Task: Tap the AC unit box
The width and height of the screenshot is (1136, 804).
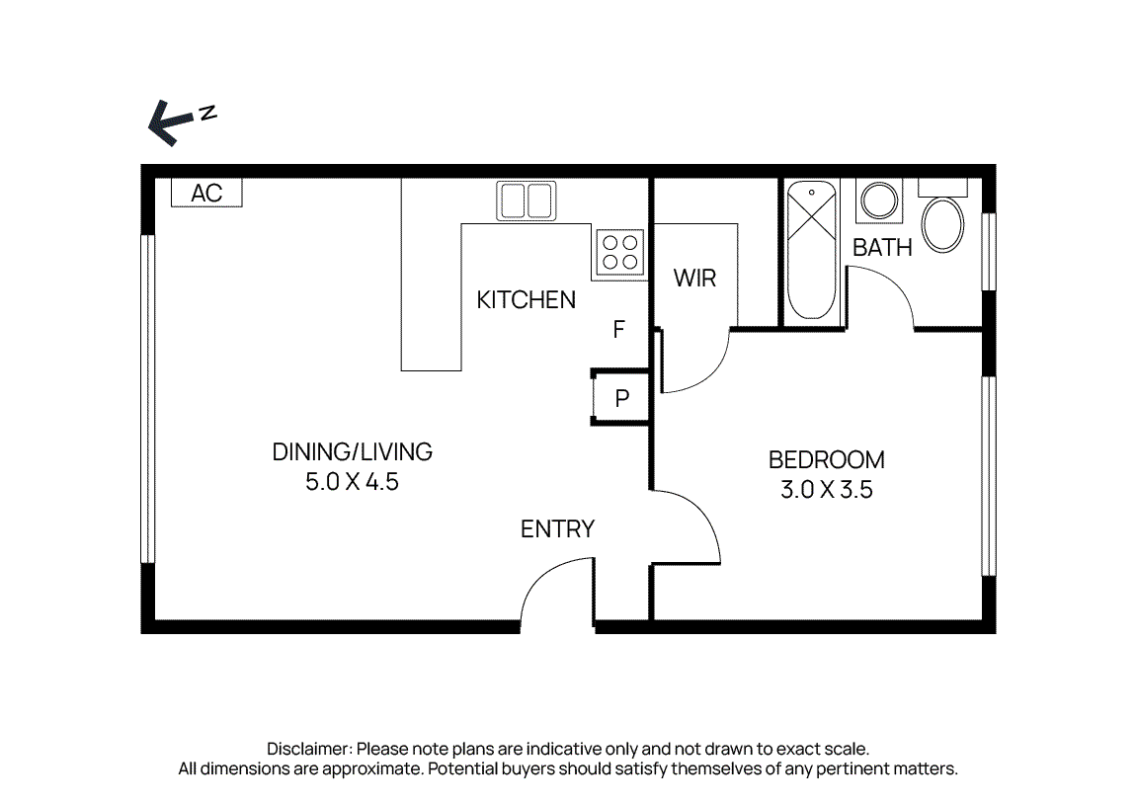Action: point(206,193)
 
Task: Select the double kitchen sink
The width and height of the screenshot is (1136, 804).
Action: point(525,201)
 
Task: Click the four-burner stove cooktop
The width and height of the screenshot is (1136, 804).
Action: point(619,251)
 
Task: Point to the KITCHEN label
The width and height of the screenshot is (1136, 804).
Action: point(526,299)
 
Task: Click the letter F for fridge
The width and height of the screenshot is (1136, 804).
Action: point(619,330)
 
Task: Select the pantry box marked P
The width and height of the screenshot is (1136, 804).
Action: point(621,398)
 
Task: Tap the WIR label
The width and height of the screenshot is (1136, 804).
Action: point(694,279)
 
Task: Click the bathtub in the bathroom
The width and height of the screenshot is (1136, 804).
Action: point(812,251)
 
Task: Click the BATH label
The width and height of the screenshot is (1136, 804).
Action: point(882,248)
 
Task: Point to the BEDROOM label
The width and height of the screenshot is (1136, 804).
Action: point(826,459)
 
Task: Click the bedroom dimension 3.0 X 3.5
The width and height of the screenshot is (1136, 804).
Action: point(826,489)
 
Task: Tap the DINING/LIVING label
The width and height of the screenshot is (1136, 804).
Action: point(352,452)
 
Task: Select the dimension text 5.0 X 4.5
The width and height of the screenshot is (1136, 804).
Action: point(352,483)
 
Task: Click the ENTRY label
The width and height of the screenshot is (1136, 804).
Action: point(557,529)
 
